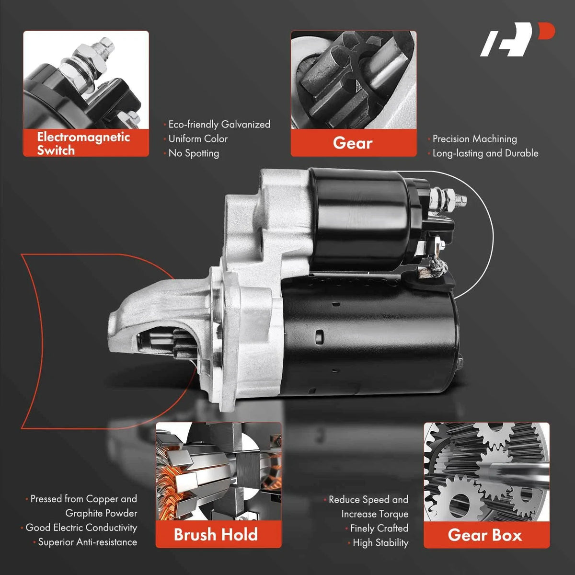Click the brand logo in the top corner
coord(517,39)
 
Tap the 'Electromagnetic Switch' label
coord(83,144)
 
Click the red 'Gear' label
coord(353,143)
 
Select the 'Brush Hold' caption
coord(216,534)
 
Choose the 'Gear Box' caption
coord(485,535)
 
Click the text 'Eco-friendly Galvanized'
coord(219,125)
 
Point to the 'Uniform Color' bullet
coord(198,139)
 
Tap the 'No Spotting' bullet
coord(194,153)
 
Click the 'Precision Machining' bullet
coord(475,139)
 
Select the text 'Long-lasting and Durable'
coord(485,153)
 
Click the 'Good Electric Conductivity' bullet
coord(81,528)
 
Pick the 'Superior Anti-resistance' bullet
coord(87,542)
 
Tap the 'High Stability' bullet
coord(380,543)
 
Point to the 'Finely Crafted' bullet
coord(379,528)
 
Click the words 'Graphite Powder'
coord(101,513)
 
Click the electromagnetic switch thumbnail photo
coord(86,80)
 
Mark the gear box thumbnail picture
coord(486,472)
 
